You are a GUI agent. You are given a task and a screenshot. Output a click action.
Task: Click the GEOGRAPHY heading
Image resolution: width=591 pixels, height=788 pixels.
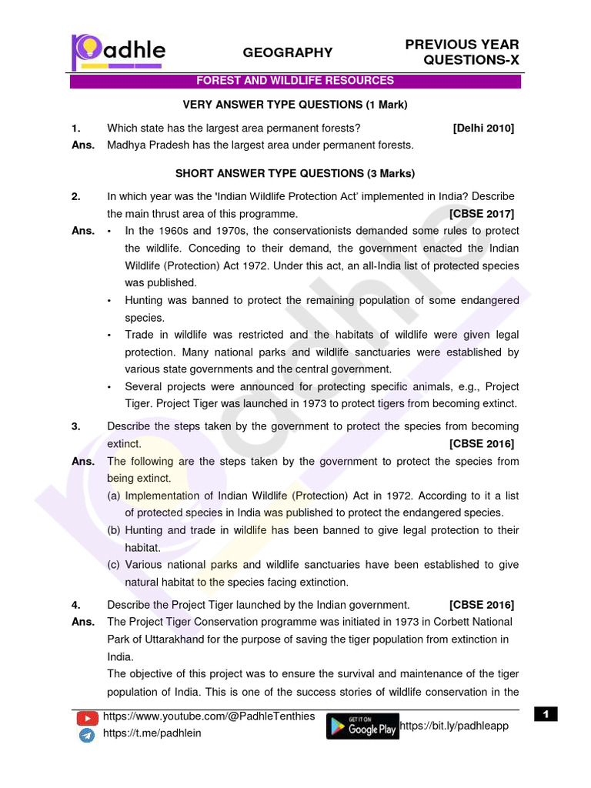288,52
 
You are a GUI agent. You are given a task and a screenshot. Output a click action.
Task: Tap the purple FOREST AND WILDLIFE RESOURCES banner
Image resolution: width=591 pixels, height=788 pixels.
295,81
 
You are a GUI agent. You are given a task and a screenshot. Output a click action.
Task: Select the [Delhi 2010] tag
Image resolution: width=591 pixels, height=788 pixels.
483,128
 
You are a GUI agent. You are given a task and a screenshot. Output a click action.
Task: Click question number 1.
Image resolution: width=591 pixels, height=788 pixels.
76,128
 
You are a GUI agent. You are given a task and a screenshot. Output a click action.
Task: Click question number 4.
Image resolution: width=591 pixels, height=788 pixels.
76,604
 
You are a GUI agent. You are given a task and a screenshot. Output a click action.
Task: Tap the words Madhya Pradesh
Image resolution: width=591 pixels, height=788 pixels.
144,145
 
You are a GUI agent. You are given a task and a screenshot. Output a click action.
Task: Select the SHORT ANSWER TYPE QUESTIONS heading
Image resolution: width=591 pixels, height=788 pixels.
295,173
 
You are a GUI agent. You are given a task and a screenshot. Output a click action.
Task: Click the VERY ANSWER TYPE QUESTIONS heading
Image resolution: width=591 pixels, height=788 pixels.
295,105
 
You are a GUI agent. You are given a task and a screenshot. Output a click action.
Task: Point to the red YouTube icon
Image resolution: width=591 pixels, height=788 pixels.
88,718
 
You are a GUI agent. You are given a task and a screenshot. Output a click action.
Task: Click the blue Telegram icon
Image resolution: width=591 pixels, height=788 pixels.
87,735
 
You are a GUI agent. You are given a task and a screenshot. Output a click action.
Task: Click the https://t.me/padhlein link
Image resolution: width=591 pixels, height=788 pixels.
152,733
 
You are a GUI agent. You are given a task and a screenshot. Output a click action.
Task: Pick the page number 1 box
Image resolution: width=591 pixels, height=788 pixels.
545,715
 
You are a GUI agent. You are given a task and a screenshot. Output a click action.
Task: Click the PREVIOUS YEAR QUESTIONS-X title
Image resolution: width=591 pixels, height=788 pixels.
462,52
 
